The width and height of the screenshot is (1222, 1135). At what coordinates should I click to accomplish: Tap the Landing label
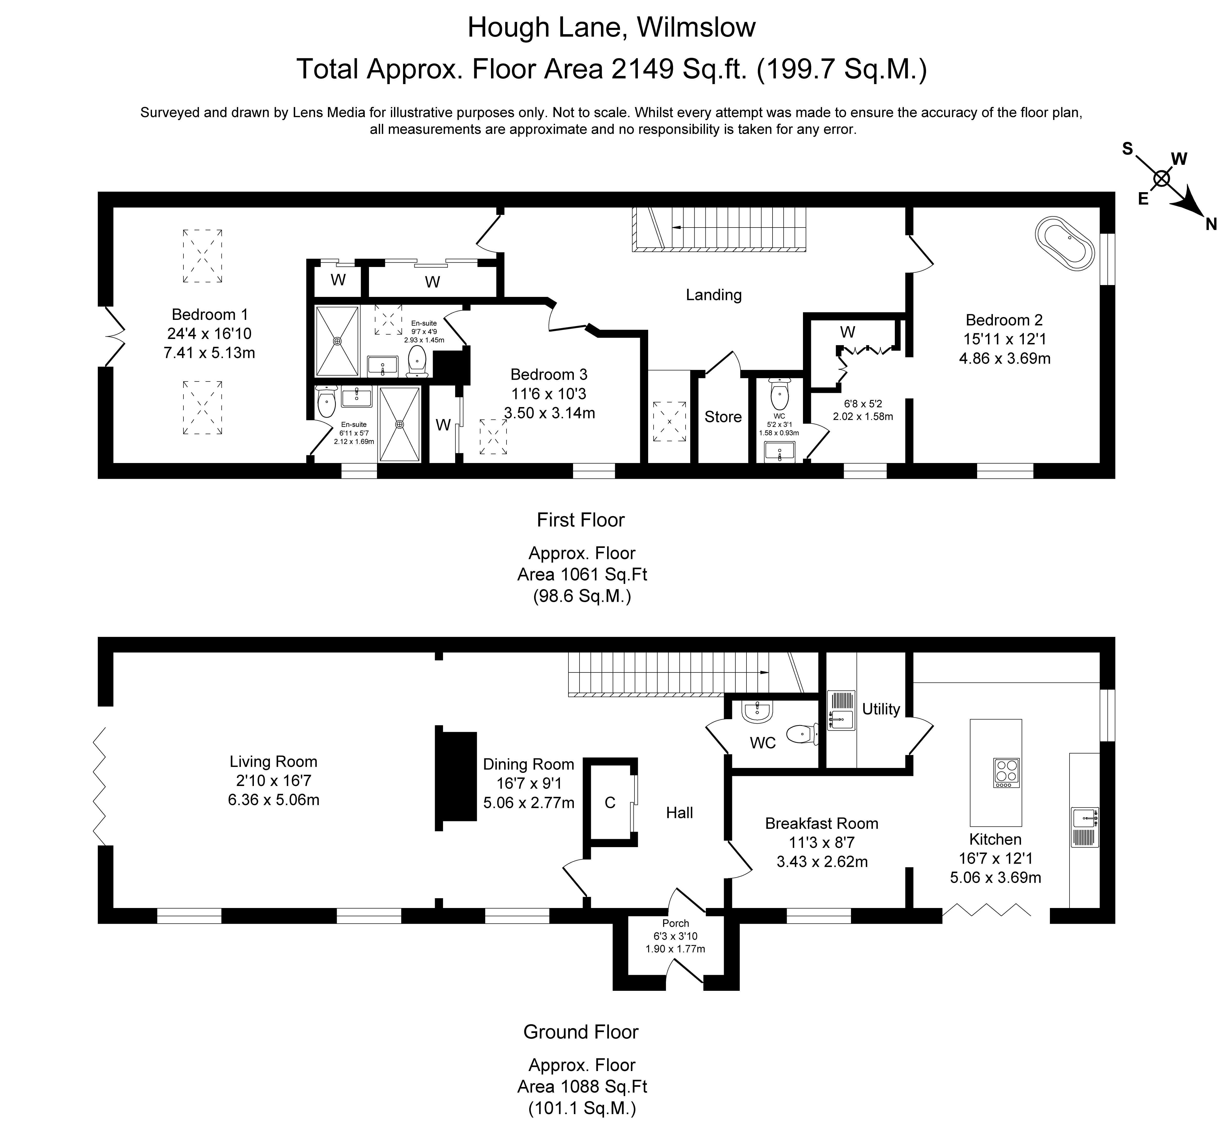(x=713, y=295)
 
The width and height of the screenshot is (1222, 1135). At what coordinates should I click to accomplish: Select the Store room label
(x=722, y=417)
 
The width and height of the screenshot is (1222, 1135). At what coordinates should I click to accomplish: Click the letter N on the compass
(x=1210, y=224)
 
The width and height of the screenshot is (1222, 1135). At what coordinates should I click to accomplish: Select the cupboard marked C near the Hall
(x=609, y=803)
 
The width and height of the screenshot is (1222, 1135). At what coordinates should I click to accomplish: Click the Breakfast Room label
(x=822, y=823)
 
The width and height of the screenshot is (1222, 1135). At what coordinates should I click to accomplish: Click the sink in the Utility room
(x=840, y=711)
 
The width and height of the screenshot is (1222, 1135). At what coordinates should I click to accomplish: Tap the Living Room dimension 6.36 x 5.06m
(x=274, y=800)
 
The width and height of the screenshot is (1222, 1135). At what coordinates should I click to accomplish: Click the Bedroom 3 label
(x=549, y=374)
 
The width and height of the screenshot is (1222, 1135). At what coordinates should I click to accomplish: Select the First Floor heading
(x=581, y=520)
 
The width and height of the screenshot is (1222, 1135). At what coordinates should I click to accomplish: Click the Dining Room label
(x=528, y=764)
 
